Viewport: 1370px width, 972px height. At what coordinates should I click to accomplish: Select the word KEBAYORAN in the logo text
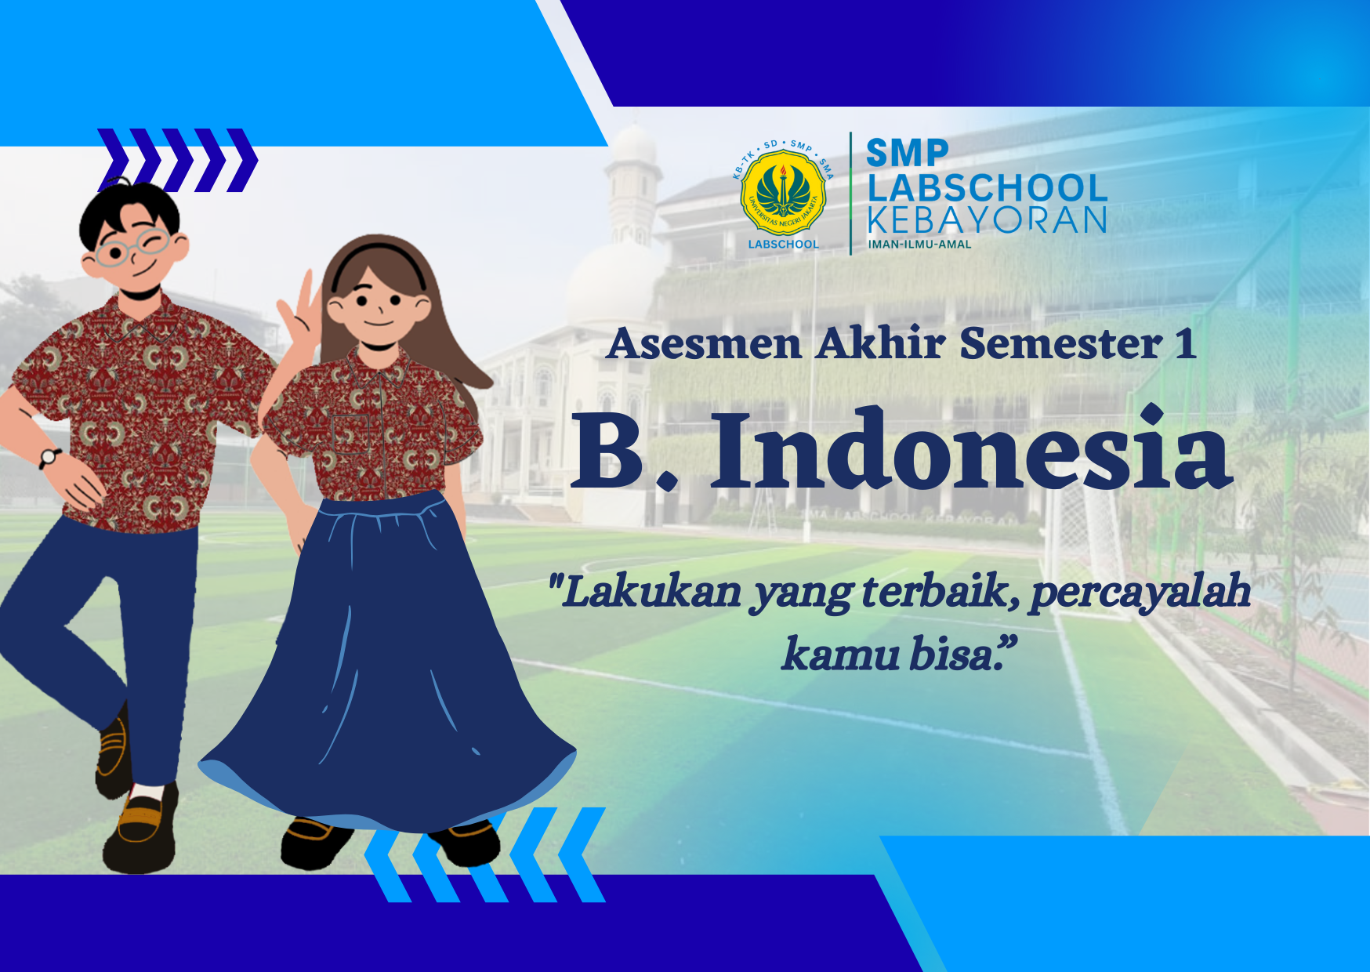[987, 221]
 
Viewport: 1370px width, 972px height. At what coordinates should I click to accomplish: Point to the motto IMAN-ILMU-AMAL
[919, 245]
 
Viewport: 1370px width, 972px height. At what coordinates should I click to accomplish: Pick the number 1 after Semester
[1185, 344]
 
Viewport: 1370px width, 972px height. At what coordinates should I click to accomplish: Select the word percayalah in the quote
[1140, 592]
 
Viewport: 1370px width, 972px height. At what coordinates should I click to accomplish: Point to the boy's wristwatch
[51, 456]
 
